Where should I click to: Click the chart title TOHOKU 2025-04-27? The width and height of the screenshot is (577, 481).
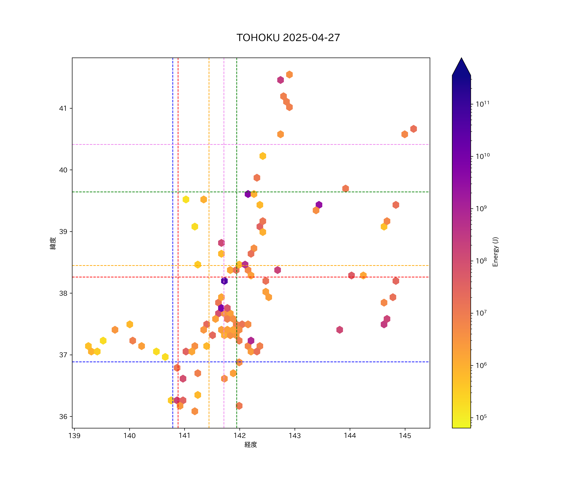288,38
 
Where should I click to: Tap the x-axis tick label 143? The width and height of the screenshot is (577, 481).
295,436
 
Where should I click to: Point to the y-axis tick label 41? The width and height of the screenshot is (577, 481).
63,108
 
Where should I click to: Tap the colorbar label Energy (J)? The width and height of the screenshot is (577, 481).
495,252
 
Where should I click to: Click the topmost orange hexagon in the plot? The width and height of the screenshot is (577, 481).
289,75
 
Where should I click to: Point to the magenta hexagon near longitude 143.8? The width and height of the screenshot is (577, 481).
340,329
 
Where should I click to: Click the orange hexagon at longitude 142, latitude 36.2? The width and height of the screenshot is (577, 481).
239,406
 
